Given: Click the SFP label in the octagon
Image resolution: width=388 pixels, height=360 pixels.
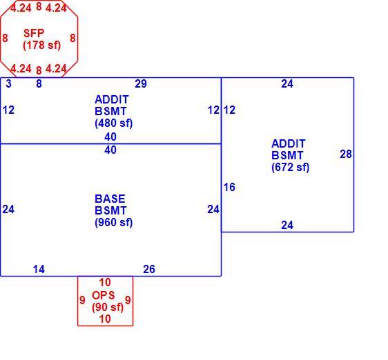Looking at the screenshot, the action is point(34,33).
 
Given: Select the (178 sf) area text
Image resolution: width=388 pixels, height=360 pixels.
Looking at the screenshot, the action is point(42,46).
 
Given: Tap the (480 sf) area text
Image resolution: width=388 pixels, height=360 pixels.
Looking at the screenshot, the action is point(114,123).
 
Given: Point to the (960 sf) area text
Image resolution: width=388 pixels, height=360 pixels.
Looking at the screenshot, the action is point(114,222).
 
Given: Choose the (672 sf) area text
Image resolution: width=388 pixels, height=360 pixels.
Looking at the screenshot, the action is point(290,167).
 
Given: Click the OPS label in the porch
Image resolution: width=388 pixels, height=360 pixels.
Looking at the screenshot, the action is point(104,295).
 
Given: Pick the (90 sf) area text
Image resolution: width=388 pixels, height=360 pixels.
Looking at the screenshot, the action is point(108,308).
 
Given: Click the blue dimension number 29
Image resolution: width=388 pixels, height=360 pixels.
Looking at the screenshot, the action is point(141,84).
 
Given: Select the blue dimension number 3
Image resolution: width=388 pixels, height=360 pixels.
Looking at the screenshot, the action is point(8,84).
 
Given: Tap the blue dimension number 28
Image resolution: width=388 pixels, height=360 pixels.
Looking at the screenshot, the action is point(346,154).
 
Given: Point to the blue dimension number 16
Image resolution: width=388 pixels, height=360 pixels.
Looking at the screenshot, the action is point(229,187).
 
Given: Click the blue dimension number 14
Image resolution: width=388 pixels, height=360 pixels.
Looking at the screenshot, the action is point(39,269).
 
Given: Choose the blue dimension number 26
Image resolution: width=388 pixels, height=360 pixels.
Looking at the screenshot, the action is point(149,269).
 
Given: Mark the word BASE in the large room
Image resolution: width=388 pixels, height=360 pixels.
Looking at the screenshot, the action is point(110,199).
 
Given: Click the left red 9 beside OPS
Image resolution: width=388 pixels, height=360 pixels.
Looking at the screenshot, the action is point(82,300).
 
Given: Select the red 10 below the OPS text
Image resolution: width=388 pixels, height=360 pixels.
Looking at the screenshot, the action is point(105,319).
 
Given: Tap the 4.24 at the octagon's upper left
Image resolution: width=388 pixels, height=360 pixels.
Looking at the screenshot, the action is point(21,8).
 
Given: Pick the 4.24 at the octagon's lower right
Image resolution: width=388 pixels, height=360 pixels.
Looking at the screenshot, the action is point(56,68).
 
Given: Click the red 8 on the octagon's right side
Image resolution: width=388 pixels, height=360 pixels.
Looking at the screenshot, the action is point(72,38).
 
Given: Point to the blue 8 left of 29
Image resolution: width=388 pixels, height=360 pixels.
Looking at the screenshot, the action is point(39,84).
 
